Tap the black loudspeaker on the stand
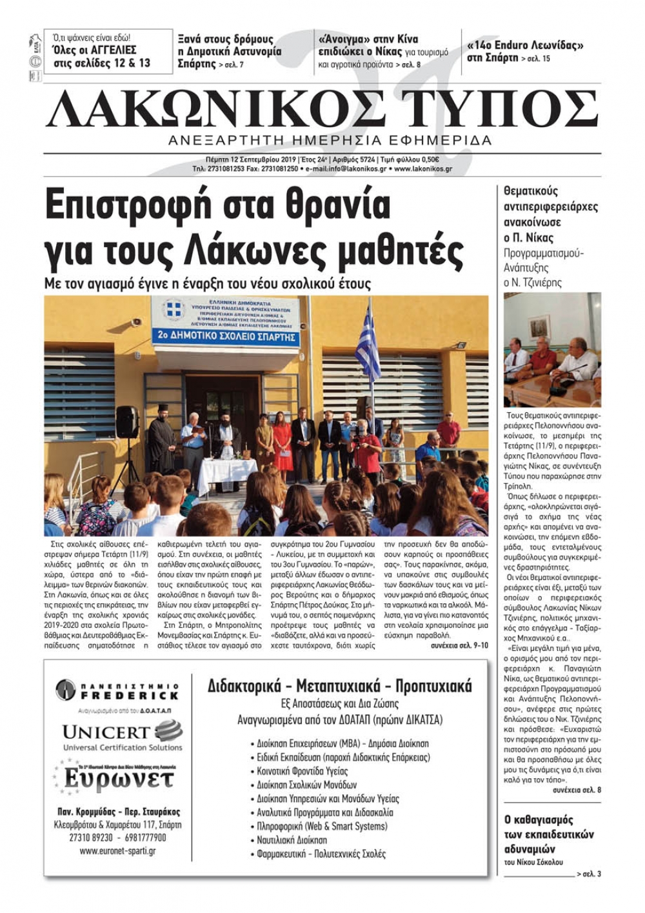(126, 422)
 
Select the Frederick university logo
(117, 690)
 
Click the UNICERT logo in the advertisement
(122, 736)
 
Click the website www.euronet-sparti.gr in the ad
(117, 851)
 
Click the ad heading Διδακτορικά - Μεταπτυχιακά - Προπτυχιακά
(339, 686)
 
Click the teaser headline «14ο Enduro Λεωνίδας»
(525, 46)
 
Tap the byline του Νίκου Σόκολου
(533, 862)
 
